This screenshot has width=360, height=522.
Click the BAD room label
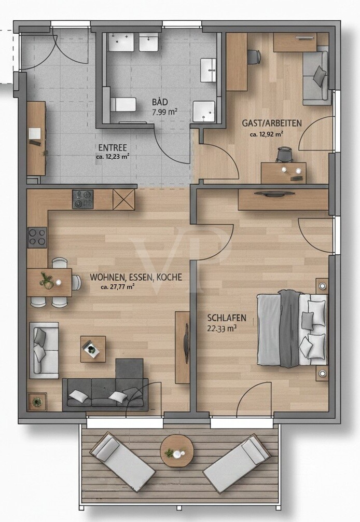click(x=160, y=102)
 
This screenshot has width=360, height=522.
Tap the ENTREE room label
click(x=113, y=147)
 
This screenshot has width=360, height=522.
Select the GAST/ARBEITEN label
click(x=271, y=123)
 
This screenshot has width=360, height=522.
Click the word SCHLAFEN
click(x=227, y=318)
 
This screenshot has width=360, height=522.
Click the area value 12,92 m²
click(x=270, y=134)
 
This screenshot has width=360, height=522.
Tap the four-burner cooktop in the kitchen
click(x=37, y=237)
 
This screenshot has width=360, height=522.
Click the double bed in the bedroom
click(x=292, y=329)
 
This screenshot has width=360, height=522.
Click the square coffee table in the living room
click(x=93, y=349)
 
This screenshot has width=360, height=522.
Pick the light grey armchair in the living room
click(x=44, y=350)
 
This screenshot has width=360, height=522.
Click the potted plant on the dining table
click(x=46, y=280)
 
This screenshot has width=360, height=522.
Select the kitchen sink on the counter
click(x=82, y=199)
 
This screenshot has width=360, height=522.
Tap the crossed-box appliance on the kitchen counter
click(x=123, y=199)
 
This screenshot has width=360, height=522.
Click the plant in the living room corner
click(x=37, y=402)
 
